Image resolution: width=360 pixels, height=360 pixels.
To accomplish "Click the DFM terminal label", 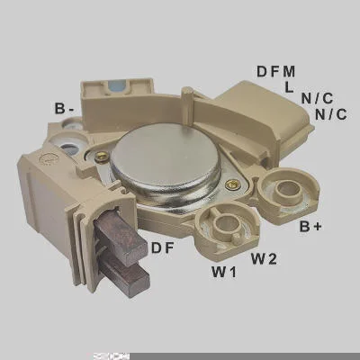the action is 276,72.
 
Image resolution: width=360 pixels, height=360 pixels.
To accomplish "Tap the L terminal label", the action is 289,87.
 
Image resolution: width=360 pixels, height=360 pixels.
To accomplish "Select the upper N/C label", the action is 317,98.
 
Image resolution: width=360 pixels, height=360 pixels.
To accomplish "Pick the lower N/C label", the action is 331,114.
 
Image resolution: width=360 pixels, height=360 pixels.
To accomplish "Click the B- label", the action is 64,109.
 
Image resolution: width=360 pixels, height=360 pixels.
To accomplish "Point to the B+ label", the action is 310,227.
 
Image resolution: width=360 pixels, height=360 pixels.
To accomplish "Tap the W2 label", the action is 264,258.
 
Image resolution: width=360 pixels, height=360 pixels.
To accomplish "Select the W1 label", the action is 224,272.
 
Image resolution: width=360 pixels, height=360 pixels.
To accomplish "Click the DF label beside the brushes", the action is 163,248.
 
